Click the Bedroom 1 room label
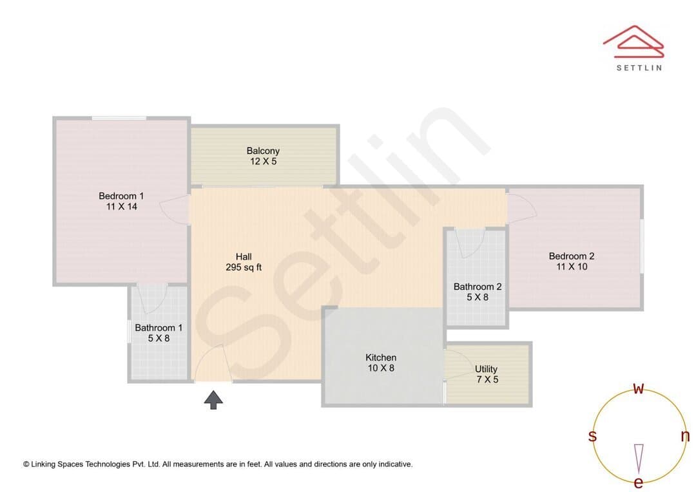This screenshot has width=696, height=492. point(121,196)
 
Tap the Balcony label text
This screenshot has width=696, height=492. point(263,151)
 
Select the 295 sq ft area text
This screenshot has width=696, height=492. point(244,267)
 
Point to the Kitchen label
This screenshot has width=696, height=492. point(381,357)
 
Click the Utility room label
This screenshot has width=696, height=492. point(486,369)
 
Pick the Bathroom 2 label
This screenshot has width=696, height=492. point(478,287)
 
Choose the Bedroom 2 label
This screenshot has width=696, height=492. point(572,256)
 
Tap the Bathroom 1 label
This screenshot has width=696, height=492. point(159,328)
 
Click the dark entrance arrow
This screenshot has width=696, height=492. point(213,400)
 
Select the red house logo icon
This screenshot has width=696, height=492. point(633,42)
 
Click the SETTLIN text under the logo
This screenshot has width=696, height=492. point(639,68)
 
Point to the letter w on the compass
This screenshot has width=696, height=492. point(638,388)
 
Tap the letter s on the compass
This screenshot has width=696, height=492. point(592,436)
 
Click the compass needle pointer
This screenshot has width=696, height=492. point(639,459)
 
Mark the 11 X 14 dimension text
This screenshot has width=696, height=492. point(122,206)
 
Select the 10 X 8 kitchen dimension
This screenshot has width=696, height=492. point(381,368)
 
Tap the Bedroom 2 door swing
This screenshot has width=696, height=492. point(522,209)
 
